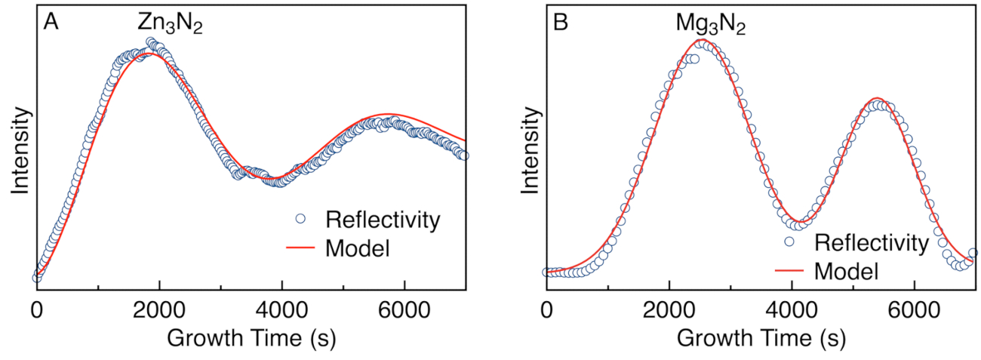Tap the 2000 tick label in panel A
click(x=159, y=310)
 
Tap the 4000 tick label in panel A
click(x=281, y=310)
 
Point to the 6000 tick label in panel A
click(x=404, y=310)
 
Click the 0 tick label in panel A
click(x=37, y=310)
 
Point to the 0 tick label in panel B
click(x=546, y=310)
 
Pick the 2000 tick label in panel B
click(x=669, y=310)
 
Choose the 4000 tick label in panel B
click(x=791, y=310)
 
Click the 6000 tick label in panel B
click(x=913, y=310)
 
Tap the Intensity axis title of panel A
click(x=19, y=151)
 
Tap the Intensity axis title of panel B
click(x=529, y=151)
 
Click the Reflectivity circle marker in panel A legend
click(x=300, y=220)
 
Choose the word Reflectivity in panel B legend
click(x=869, y=243)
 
